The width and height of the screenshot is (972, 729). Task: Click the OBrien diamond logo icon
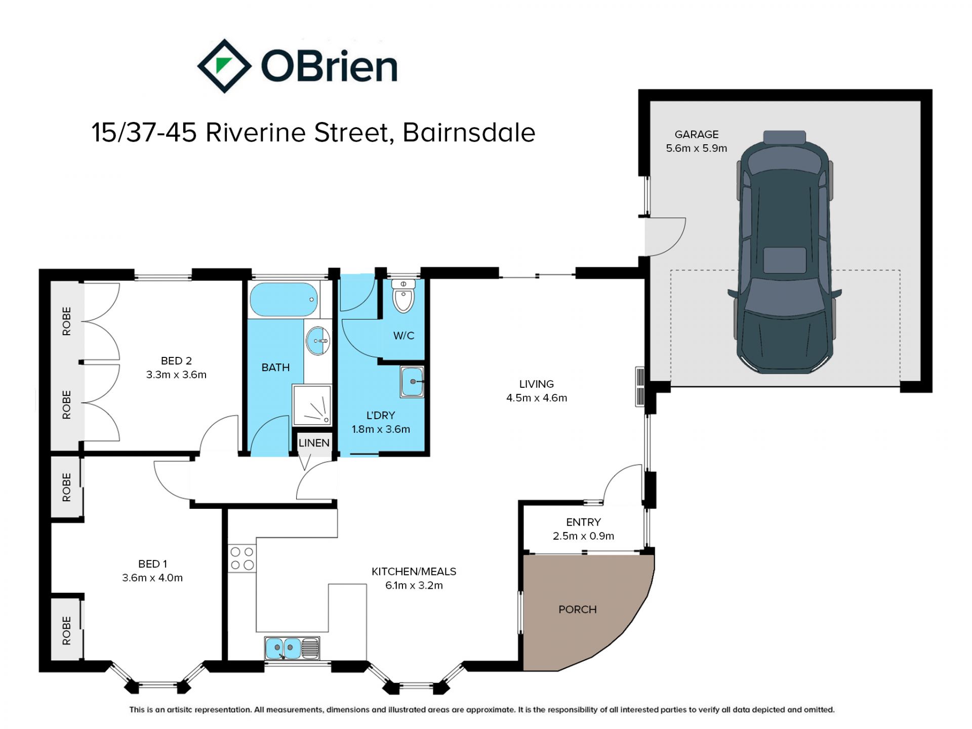224,66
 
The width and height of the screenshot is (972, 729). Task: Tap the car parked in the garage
784,252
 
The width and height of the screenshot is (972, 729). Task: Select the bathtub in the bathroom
283,300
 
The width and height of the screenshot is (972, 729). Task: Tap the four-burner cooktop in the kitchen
242,558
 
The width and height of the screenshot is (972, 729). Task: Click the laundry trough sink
412,381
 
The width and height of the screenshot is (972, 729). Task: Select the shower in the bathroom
312,405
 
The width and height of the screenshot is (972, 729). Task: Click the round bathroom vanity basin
318,341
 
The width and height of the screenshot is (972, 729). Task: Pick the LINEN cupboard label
314,443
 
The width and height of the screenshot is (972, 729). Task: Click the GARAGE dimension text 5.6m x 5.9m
697,148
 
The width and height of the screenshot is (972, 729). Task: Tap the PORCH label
578,610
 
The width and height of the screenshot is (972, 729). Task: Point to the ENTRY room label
584,522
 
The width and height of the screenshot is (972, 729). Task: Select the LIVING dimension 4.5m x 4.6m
537,398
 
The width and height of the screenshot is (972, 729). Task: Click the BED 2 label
176,361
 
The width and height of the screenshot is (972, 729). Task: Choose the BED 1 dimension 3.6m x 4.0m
152,578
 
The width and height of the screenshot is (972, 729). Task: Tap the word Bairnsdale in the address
469,133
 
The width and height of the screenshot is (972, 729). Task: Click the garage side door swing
665,237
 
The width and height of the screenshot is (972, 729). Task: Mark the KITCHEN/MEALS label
414,572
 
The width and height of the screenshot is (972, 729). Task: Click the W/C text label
404,336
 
